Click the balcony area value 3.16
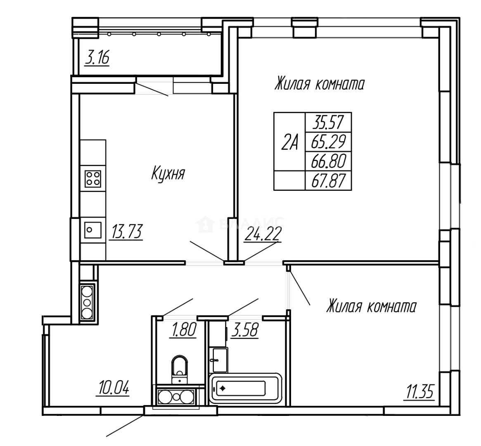(x=97, y=57)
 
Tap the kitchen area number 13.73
(x=126, y=232)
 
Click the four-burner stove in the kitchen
(x=92, y=179)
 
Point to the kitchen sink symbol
(x=92, y=230)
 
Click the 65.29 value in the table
(x=328, y=142)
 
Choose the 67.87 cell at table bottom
(x=328, y=180)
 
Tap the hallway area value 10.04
(x=113, y=388)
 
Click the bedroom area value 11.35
(x=419, y=391)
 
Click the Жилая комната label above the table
(x=319, y=84)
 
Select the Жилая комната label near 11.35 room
(x=371, y=307)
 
